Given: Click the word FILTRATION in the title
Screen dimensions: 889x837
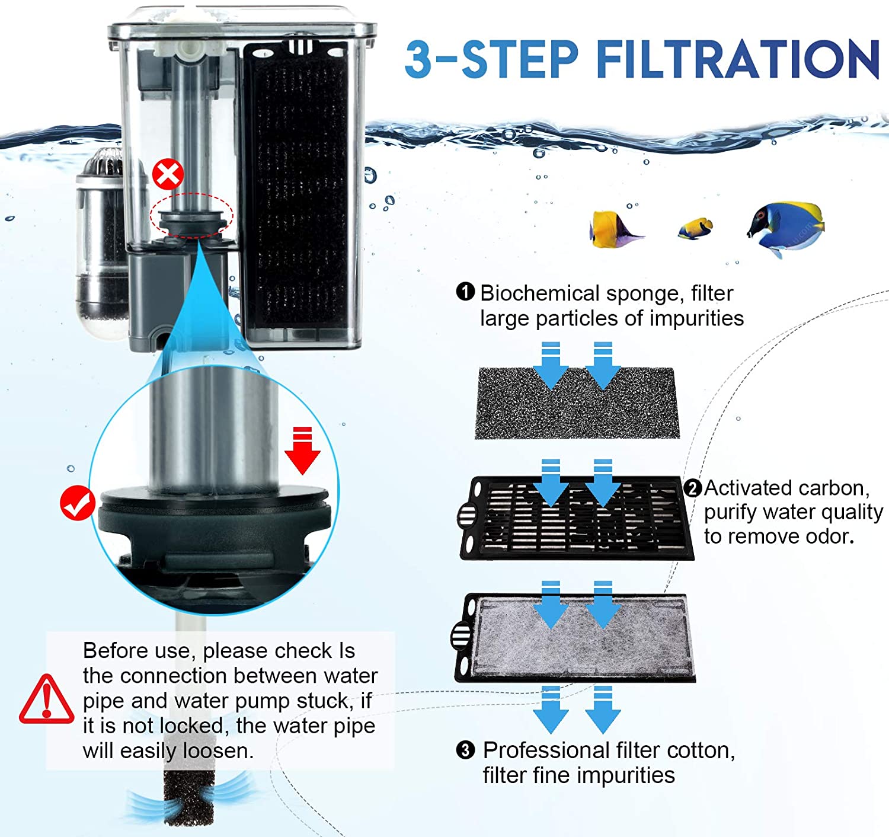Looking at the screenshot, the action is (738, 59).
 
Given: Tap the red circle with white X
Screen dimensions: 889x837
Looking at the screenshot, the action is (168, 174).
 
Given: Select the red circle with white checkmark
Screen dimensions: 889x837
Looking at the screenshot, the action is (78, 503).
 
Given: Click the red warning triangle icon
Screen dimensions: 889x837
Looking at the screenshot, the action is (47, 699).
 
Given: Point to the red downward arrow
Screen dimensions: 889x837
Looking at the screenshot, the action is (302, 451).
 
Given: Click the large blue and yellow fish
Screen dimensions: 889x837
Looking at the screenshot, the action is (786, 228).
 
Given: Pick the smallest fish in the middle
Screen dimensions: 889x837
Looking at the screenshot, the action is (695, 228).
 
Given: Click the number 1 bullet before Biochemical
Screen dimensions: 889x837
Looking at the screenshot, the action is (465, 292).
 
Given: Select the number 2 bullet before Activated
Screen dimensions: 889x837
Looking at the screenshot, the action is (692, 488).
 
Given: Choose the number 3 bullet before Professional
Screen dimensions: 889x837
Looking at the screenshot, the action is (465, 750).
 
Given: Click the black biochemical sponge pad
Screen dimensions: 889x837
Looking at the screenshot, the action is (577, 402).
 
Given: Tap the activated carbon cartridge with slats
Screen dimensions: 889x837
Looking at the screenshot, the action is (576, 518).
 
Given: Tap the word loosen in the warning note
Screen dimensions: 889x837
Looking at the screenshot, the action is (218, 751).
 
